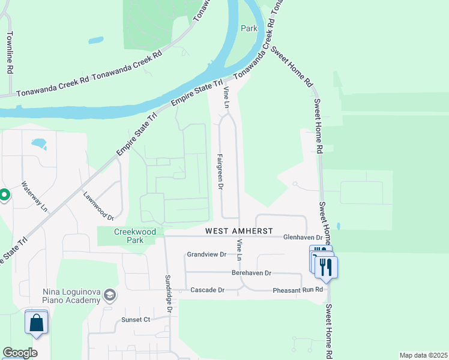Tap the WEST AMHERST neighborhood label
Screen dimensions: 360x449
(x=239, y=231)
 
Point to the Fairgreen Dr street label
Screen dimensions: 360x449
(x=220, y=172)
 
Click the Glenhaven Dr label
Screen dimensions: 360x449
(x=303, y=238)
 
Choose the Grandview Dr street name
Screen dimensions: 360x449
(x=206, y=254)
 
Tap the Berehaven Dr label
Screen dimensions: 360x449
(x=252, y=272)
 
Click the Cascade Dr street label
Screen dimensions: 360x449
(x=207, y=290)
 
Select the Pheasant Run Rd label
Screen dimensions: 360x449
(x=298, y=290)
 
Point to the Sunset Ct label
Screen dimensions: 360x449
(x=136, y=320)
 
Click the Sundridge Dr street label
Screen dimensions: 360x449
(x=169, y=295)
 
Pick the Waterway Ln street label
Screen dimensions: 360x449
(x=34, y=196)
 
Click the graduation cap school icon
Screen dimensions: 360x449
(x=110, y=295)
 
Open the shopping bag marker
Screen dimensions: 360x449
(x=37, y=322)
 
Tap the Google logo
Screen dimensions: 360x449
(x=20, y=353)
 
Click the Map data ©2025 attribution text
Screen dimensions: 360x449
(x=423, y=355)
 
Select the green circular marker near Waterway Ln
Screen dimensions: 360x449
(x=4, y=194)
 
